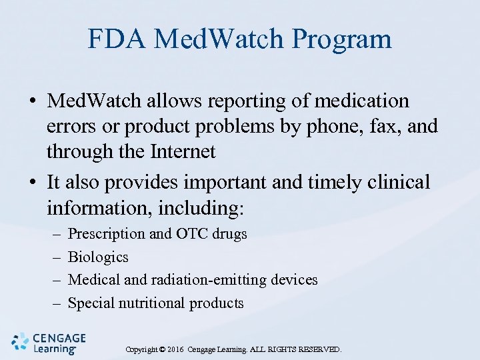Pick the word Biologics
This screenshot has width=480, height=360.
pyautogui.click(x=99, y=257)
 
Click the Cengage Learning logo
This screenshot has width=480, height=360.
pyautogui.click(x=44, y=342)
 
